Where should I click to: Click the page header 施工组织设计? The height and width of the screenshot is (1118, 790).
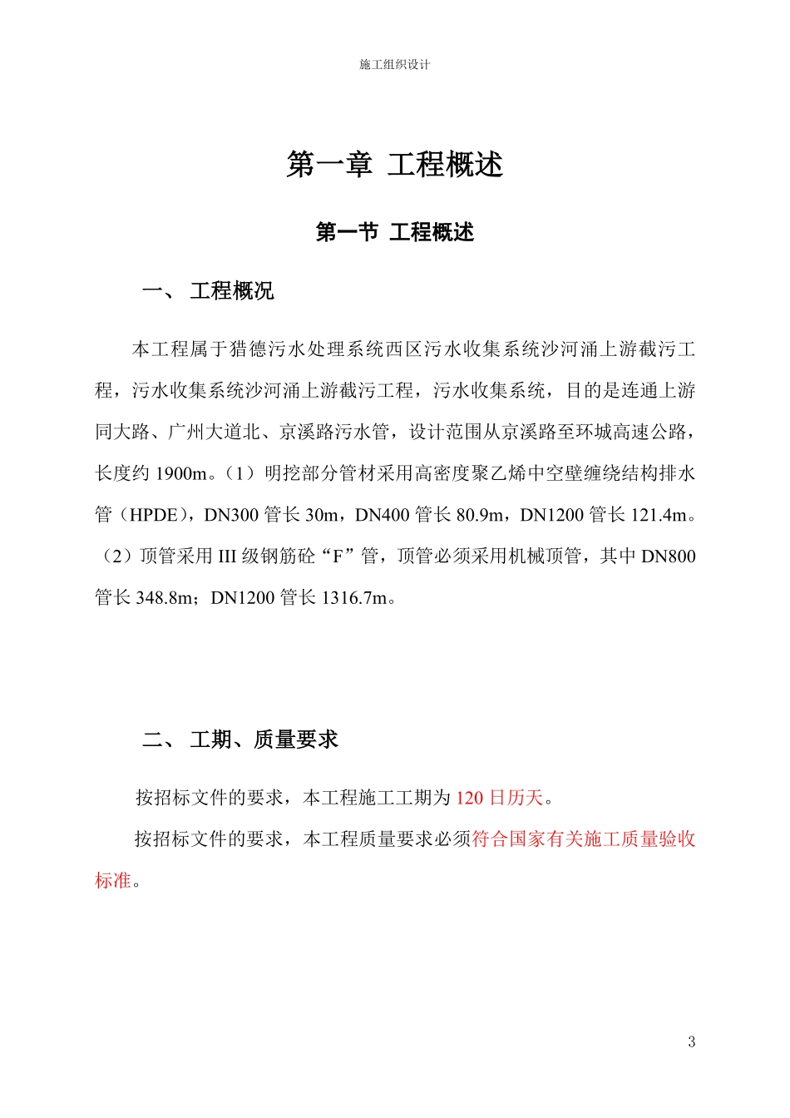coord(395,65)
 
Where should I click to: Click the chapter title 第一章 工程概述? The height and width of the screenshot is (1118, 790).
coord(395,165)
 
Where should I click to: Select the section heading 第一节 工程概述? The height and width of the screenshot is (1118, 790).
coord(395,232)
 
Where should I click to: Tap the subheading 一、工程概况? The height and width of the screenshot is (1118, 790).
coord(209,291)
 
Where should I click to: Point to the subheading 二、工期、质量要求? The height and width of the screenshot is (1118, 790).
coord(240,740)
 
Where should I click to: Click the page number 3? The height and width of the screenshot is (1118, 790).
coord(691,1041)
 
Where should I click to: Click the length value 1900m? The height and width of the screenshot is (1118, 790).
coord(180,473)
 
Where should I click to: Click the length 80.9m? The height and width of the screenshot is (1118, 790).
coord(480,515)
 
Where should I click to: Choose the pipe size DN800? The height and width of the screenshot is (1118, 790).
coord(669,557)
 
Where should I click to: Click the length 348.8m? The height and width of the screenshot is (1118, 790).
coord(164,598)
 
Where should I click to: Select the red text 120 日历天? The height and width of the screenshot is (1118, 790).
coord(499,798)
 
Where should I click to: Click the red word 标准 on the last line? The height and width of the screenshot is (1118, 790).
coord(113,880)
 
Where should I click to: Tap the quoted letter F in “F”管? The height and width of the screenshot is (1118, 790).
coord(338,557)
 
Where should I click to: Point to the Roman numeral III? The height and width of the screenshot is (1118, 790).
coord(227,557)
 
